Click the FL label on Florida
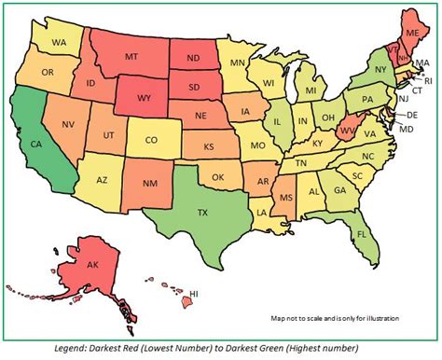[x=360, y=236]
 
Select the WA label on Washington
[x=59, y=42]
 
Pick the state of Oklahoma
[x=218, y=176]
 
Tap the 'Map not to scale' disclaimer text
[x=336, y=318]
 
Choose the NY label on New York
[x=380, y=70]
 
